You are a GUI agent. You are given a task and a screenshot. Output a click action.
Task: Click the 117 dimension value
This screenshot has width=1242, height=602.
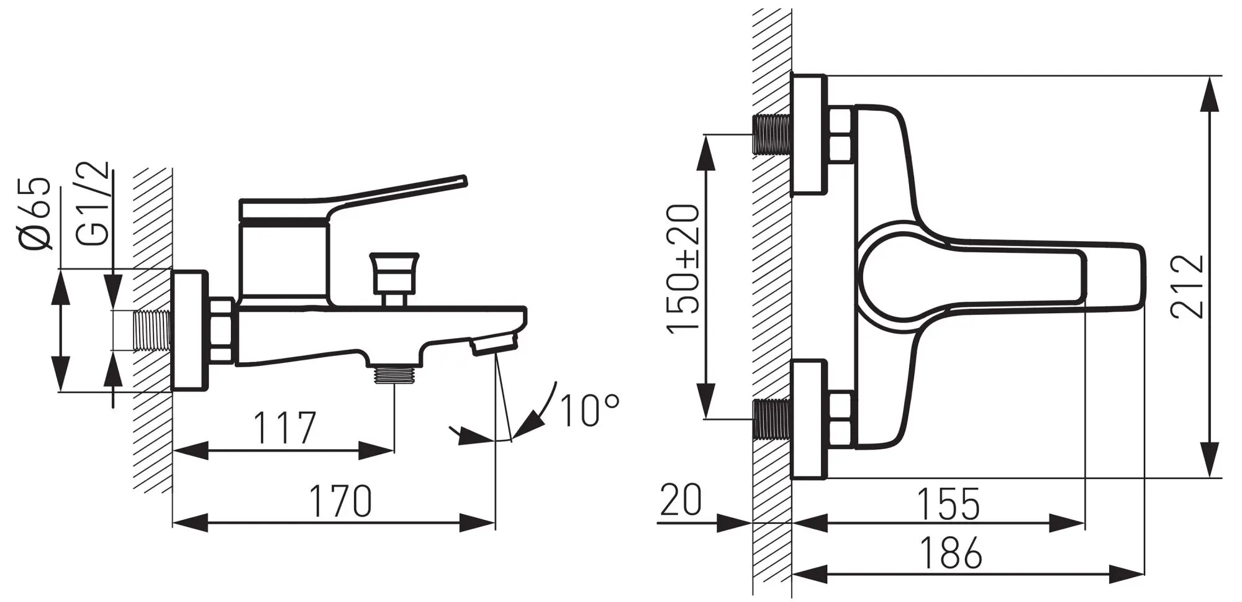285,427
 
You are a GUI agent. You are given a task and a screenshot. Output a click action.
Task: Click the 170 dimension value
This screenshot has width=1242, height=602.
341,501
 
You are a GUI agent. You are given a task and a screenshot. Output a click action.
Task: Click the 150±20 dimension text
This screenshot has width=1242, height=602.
684,268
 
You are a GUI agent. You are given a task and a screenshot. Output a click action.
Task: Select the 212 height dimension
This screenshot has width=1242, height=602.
1187,285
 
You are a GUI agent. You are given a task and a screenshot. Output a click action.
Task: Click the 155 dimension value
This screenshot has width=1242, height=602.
948,504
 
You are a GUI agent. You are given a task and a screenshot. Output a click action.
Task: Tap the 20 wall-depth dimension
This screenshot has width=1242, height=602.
681,500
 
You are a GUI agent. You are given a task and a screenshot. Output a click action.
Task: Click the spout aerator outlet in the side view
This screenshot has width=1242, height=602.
495,344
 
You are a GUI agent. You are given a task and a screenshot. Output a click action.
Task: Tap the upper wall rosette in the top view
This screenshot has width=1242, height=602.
809,134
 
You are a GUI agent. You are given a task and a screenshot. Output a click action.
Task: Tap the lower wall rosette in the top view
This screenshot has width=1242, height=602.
809,419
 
